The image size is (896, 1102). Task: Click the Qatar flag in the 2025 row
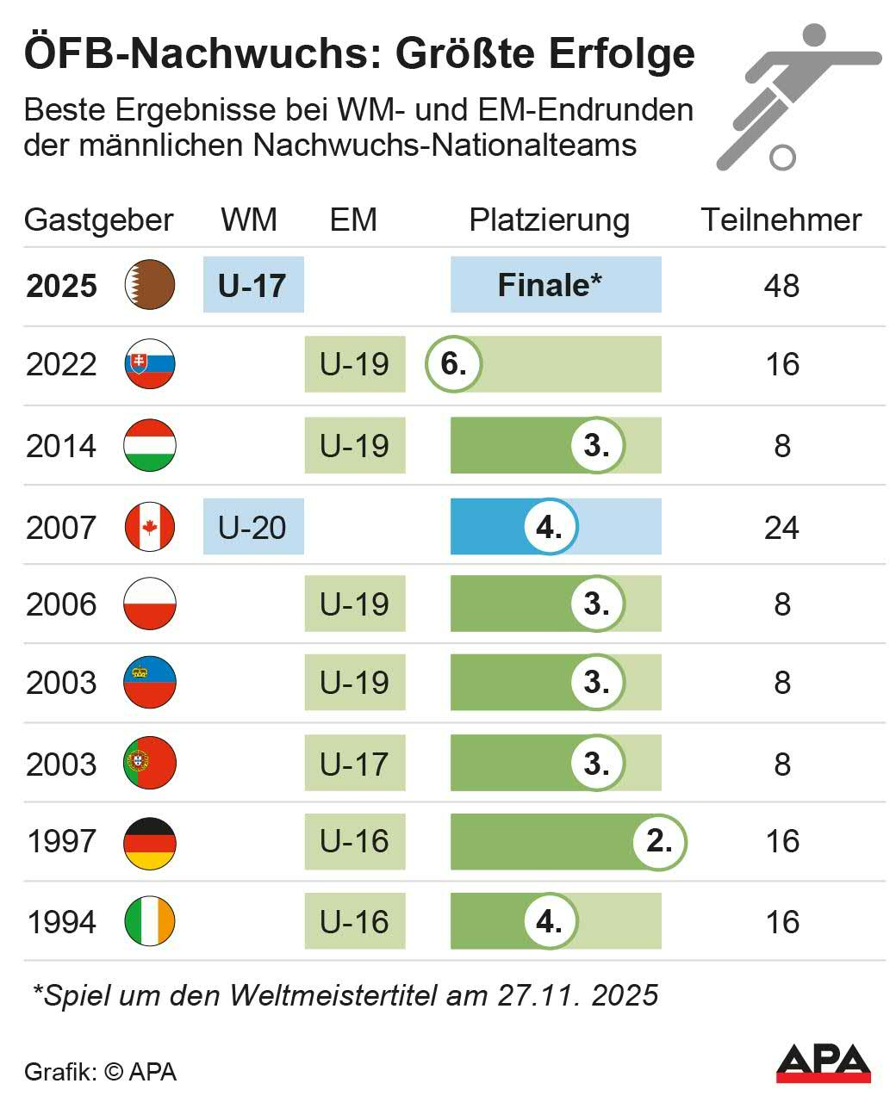click(150, 284)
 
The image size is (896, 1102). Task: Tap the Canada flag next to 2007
click(150, 526)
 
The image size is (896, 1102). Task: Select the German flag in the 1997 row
click(150, 841)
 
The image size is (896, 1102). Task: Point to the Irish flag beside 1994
click(150, 921)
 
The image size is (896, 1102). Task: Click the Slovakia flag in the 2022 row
click(150, 364)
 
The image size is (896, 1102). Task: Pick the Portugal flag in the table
click(150, 763)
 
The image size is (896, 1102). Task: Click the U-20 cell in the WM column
click(252, 527)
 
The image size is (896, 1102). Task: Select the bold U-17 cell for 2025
click(252, 285)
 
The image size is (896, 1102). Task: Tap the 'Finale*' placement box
click(556, 285)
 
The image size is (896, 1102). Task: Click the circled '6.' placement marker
click(453, 364)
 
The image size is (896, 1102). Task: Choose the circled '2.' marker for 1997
click(659, 841)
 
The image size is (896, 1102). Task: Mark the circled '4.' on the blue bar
click(550, 527)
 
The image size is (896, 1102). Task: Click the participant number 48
click(781, 286)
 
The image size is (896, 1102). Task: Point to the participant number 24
click(781, 527)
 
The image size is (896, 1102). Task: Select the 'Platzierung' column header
click(549, 220)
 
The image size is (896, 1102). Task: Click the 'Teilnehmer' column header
click(781, 220)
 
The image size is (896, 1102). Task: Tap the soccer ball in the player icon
click(782, 157)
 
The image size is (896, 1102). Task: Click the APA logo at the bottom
click(824, 1064)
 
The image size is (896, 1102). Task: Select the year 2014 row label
click(61, 446)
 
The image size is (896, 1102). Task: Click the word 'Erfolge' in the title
click(621, 53)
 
